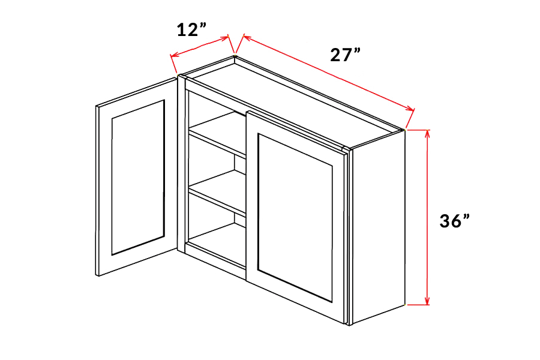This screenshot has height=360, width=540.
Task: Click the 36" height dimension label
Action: tap(454, 221)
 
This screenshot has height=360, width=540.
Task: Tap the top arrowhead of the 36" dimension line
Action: tap(427, 133)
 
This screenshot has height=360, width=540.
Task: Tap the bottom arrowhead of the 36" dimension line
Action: tap(427, 301)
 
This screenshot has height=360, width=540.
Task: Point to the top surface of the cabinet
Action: tap(294, 99)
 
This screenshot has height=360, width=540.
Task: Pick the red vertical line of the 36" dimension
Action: tap(427, 216)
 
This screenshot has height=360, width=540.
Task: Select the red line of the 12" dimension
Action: tap(201, 47)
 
